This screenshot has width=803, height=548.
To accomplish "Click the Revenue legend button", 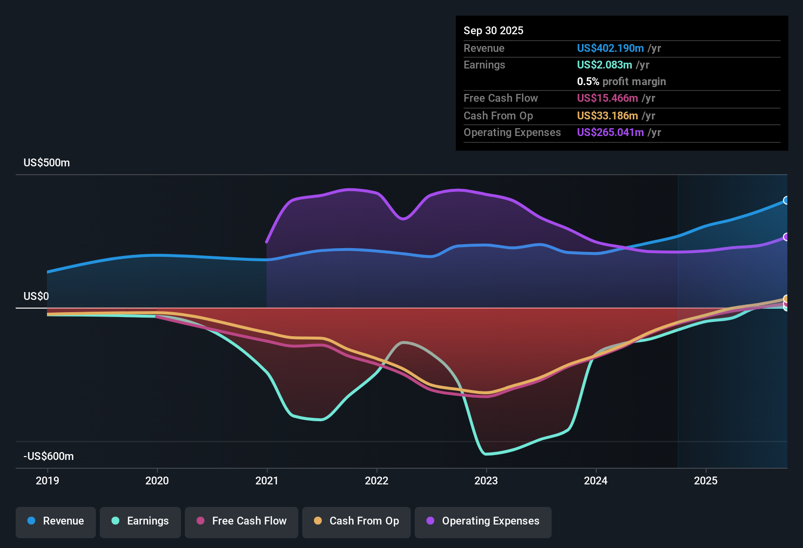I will click(x=56, y=521).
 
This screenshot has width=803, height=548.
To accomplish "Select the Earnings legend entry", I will click(x=140, y=521).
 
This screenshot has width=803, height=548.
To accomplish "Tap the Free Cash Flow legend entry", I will click(x=242, y=521).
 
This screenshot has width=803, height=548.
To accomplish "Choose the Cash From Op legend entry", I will click(x=357, y=521).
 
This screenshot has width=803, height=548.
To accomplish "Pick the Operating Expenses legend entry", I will click(x=483, y=521).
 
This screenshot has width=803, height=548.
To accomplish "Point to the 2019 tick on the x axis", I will click(x=47, y=480).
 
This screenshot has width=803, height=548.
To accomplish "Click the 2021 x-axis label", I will click(x=267, y=480).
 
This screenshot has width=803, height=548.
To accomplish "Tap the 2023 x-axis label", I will click(x=486, y=480).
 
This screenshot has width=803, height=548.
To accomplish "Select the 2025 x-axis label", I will click(x=706, y=480).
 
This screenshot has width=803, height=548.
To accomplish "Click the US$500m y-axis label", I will click(x=47, y=163).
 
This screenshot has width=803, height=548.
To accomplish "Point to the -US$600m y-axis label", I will click(x=49, y=457).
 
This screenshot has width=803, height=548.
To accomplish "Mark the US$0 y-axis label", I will click(x=36, y=297).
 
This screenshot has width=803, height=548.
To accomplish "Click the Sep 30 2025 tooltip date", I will click(x=493, y=31).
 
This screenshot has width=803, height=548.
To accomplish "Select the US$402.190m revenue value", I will click(x=610, y=48).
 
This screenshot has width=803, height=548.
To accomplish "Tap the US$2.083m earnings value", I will click(x=604, y=65).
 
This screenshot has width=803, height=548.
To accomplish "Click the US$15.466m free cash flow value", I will click(x=607, y=98).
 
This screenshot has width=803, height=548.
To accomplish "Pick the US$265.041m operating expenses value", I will click(x=610, y=133).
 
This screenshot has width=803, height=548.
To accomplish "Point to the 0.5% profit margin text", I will click(x=621, y=82).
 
